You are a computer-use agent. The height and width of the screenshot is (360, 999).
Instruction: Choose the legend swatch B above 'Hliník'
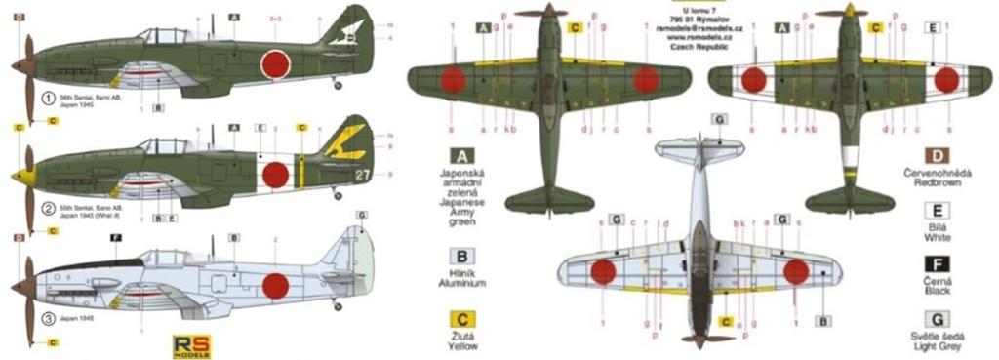pos(456,257)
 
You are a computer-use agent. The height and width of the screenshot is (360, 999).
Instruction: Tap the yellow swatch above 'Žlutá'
pos(456,319)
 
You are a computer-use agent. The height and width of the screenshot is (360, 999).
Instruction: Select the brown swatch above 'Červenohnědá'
pos(934,156)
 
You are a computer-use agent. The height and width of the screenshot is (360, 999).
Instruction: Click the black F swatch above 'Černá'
pos(934,260)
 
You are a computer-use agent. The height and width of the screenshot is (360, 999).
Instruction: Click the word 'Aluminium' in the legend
pos(456,283)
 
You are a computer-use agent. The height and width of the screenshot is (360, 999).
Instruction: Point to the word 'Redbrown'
pos(934,183)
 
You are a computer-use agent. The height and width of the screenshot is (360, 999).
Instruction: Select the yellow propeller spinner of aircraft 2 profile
pos(17,176)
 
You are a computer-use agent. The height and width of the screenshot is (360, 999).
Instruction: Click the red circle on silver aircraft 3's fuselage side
pos(277,284)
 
